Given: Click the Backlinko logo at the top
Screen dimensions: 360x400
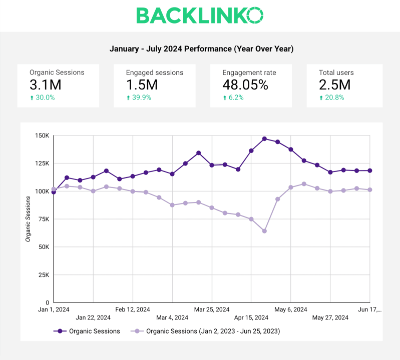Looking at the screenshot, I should pos(200,15).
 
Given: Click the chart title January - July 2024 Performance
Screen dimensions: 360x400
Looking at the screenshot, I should pos(201,49).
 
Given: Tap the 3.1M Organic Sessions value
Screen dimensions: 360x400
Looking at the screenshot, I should pos(46,84).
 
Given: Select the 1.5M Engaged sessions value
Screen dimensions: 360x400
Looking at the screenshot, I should pos(142,84).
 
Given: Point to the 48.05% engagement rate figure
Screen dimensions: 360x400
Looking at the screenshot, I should pos(245,84).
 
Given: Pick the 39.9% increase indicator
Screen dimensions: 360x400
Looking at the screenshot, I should pos(139,97).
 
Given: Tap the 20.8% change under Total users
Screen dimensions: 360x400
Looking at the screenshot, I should pos(332,97).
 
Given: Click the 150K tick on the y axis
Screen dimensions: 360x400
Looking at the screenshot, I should pos(42,135).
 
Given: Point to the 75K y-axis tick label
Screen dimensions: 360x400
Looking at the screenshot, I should pos(43,219).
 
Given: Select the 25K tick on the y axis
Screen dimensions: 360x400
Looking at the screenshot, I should pos(43,275).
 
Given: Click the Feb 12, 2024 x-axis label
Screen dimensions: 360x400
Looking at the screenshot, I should pos(132,309).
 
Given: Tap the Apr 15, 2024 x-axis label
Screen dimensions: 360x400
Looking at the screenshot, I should pos(251,317).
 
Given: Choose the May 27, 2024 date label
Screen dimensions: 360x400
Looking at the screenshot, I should pos(330,317).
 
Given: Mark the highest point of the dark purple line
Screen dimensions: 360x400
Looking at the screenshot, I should pos(264,138).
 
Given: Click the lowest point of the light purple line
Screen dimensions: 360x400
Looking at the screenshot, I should pos(264,231).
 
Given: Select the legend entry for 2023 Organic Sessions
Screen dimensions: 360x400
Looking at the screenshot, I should pos(207,331).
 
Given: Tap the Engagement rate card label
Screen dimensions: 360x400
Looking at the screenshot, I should pos(249,72).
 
